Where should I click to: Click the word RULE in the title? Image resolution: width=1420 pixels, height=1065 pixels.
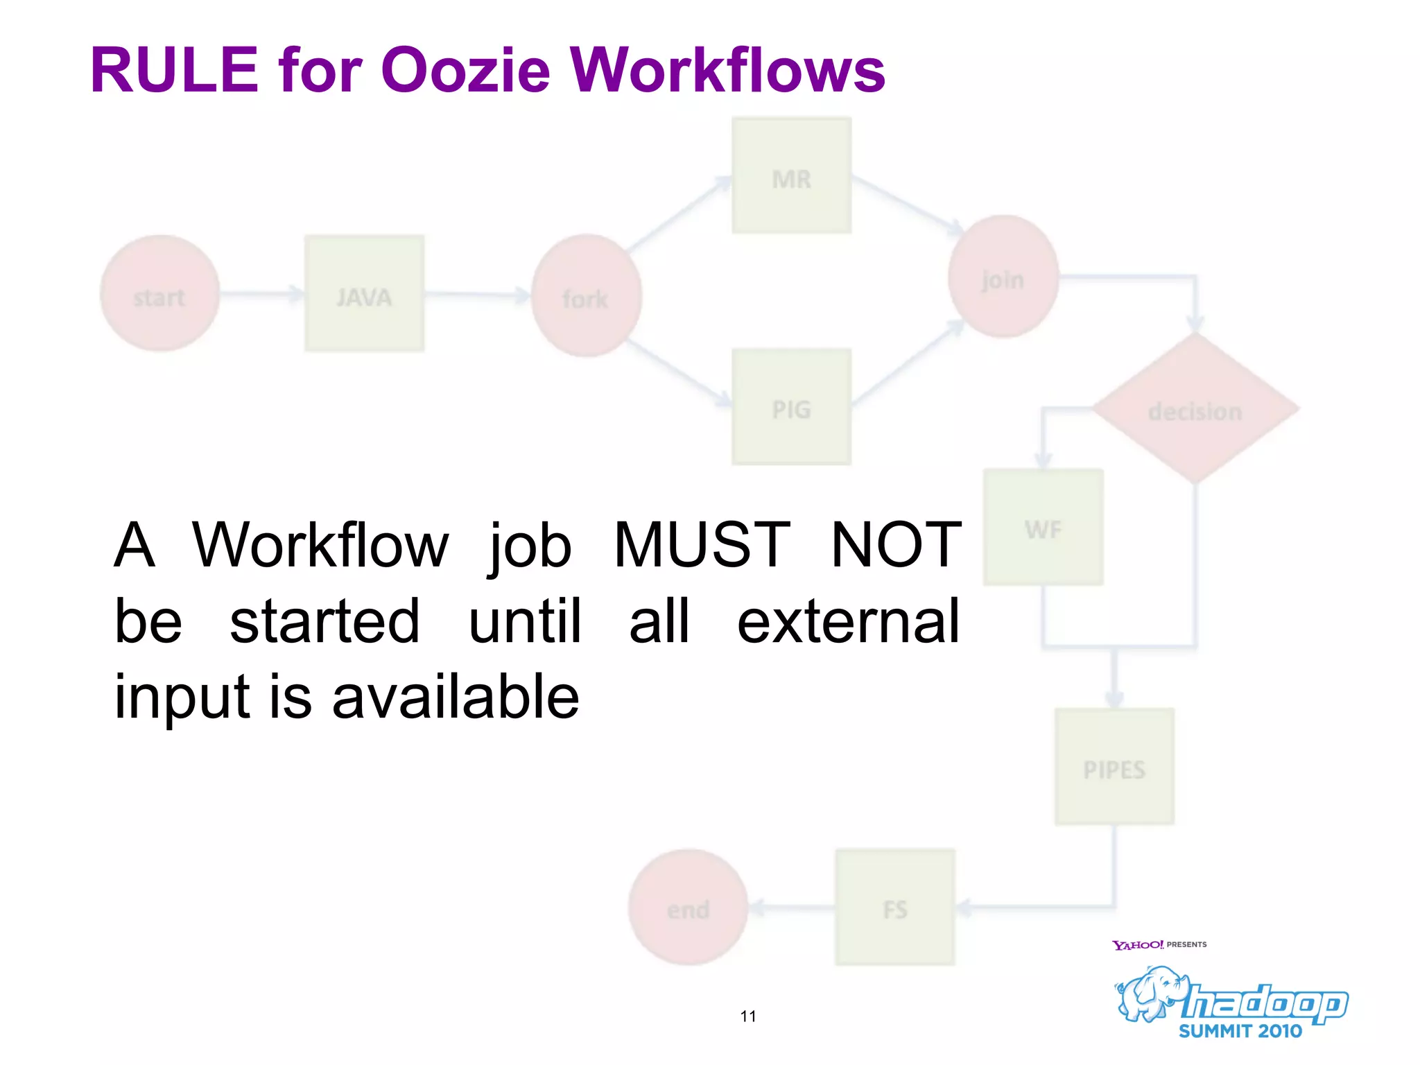[174, 70]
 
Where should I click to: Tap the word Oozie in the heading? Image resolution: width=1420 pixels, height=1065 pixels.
[465, 70]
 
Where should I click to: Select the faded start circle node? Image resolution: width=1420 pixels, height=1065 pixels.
[160, 293]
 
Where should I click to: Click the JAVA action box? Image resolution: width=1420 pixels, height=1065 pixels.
[364, 293]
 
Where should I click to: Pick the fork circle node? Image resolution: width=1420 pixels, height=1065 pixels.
[587, 296]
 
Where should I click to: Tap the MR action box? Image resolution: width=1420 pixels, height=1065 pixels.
[791, 176]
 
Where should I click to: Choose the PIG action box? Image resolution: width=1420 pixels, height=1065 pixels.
[791, 407]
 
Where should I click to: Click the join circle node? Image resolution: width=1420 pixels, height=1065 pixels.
[1003, 277]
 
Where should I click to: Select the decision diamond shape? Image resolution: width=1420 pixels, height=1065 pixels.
[1195, 409]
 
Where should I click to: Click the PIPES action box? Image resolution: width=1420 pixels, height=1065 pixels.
[1114, 766]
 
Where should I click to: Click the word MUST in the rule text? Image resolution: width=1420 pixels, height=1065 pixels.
[701, 546]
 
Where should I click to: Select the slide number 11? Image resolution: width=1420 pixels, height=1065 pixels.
[748, 1016]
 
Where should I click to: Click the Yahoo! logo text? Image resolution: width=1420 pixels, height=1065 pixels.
[1137, 945]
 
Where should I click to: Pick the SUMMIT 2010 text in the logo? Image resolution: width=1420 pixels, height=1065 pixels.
[1240, 1031]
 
